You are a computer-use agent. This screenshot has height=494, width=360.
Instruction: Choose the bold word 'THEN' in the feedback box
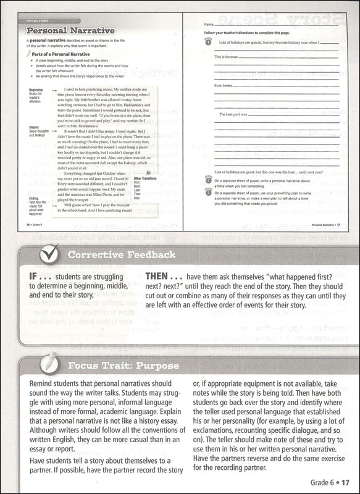[160, 278]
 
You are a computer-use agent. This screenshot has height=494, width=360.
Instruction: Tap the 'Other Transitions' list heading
[146, 179]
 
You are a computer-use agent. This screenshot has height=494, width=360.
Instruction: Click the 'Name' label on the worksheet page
[208, 23]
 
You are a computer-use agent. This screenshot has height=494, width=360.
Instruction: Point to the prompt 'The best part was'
[233, 114]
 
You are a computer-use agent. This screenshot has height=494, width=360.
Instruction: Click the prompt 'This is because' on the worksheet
[227, 56]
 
